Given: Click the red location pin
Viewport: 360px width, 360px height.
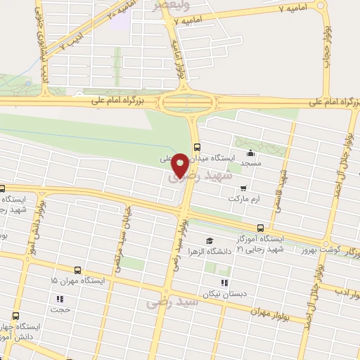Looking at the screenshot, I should click(x=181, y=165).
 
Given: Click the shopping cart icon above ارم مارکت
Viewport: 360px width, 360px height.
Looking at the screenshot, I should click(x=243, y=188).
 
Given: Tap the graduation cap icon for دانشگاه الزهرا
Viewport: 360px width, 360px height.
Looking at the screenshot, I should click(x=209, y=241).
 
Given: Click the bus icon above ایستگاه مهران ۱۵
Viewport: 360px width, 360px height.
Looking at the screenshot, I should click(x=76, y=269).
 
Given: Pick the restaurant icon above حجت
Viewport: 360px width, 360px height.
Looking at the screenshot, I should click(x=60, y=297).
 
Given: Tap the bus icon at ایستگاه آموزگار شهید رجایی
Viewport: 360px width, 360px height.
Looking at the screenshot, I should click(x=261, y=228).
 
